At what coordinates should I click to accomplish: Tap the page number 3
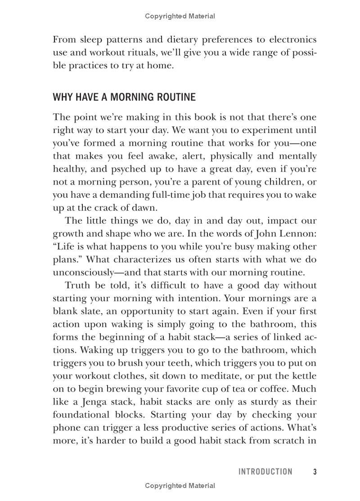(x=315, y=471)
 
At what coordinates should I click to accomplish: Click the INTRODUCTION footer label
(x=265, y=471)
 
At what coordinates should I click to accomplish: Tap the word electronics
(x=291, y=40)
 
